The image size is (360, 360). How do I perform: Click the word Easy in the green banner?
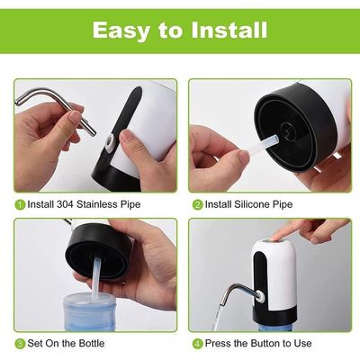121,31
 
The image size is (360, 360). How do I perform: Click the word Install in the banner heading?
229,30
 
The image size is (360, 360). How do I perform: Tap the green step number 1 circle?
20,205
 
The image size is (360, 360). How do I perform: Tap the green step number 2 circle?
198,205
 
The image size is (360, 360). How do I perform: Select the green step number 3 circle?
20,344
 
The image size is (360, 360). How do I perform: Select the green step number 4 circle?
198,344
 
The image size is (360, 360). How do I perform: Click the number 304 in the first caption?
65,204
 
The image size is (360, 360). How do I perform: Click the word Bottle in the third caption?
92,343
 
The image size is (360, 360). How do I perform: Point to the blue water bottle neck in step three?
90,312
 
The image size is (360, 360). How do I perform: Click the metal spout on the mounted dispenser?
240,292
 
